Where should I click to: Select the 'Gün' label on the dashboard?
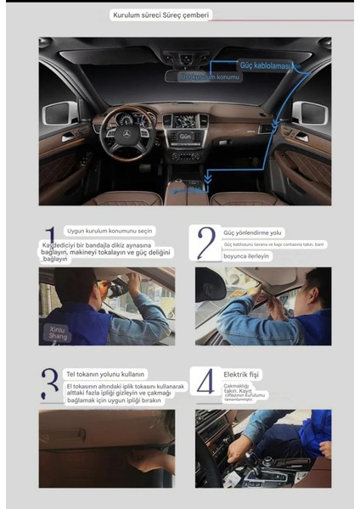tap(184, 135)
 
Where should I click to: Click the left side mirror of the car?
tap(66, 113)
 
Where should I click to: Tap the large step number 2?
tap(206, 242)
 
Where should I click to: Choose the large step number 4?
tap(205, 383)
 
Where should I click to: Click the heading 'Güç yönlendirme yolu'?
tap(253, 232)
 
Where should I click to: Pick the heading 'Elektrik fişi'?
tap(241, 373)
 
